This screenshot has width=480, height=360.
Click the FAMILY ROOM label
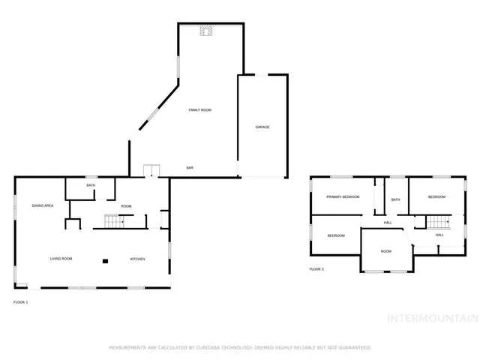click(200, 110)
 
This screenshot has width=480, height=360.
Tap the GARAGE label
click(262, 127)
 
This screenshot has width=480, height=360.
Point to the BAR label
click(191, 167)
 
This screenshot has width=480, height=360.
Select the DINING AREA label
click(42, 205)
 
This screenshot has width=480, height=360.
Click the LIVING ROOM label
click(61, 259)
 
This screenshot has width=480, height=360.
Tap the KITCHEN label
click(137, 259)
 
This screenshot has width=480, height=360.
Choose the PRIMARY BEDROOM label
click(343, 196)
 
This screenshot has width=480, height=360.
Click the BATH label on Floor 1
click(91, 185)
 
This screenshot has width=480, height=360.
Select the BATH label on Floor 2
click(395, 199)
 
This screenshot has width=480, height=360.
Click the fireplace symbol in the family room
click(205, 31)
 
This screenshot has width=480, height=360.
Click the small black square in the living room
click(106, 261)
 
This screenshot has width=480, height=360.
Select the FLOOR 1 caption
click(20, 301)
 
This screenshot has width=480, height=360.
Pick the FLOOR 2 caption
click(316, 268)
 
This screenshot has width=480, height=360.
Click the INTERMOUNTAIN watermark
click(431, 318)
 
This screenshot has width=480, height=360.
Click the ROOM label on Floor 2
click(385, 251)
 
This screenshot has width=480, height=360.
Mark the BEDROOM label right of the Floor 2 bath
click(436, 196)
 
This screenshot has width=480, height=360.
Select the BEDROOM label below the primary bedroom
click(336, 235)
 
